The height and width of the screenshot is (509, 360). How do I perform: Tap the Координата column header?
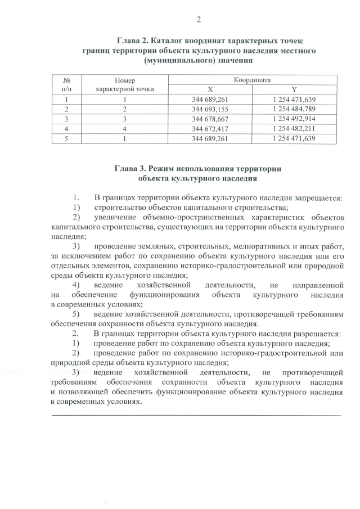point(252,80)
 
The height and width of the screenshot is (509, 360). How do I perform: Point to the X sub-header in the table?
point(210,89)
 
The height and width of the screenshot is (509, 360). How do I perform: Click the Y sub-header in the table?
point(294,89)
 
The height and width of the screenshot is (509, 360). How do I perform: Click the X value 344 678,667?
point(210,119)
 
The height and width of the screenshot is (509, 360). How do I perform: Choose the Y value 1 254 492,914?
point(294,119)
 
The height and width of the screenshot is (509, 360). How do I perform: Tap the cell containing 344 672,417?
point(210,129)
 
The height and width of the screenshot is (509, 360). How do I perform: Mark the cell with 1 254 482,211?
point(294,129)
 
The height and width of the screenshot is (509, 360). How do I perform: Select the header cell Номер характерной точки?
point(125,85)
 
